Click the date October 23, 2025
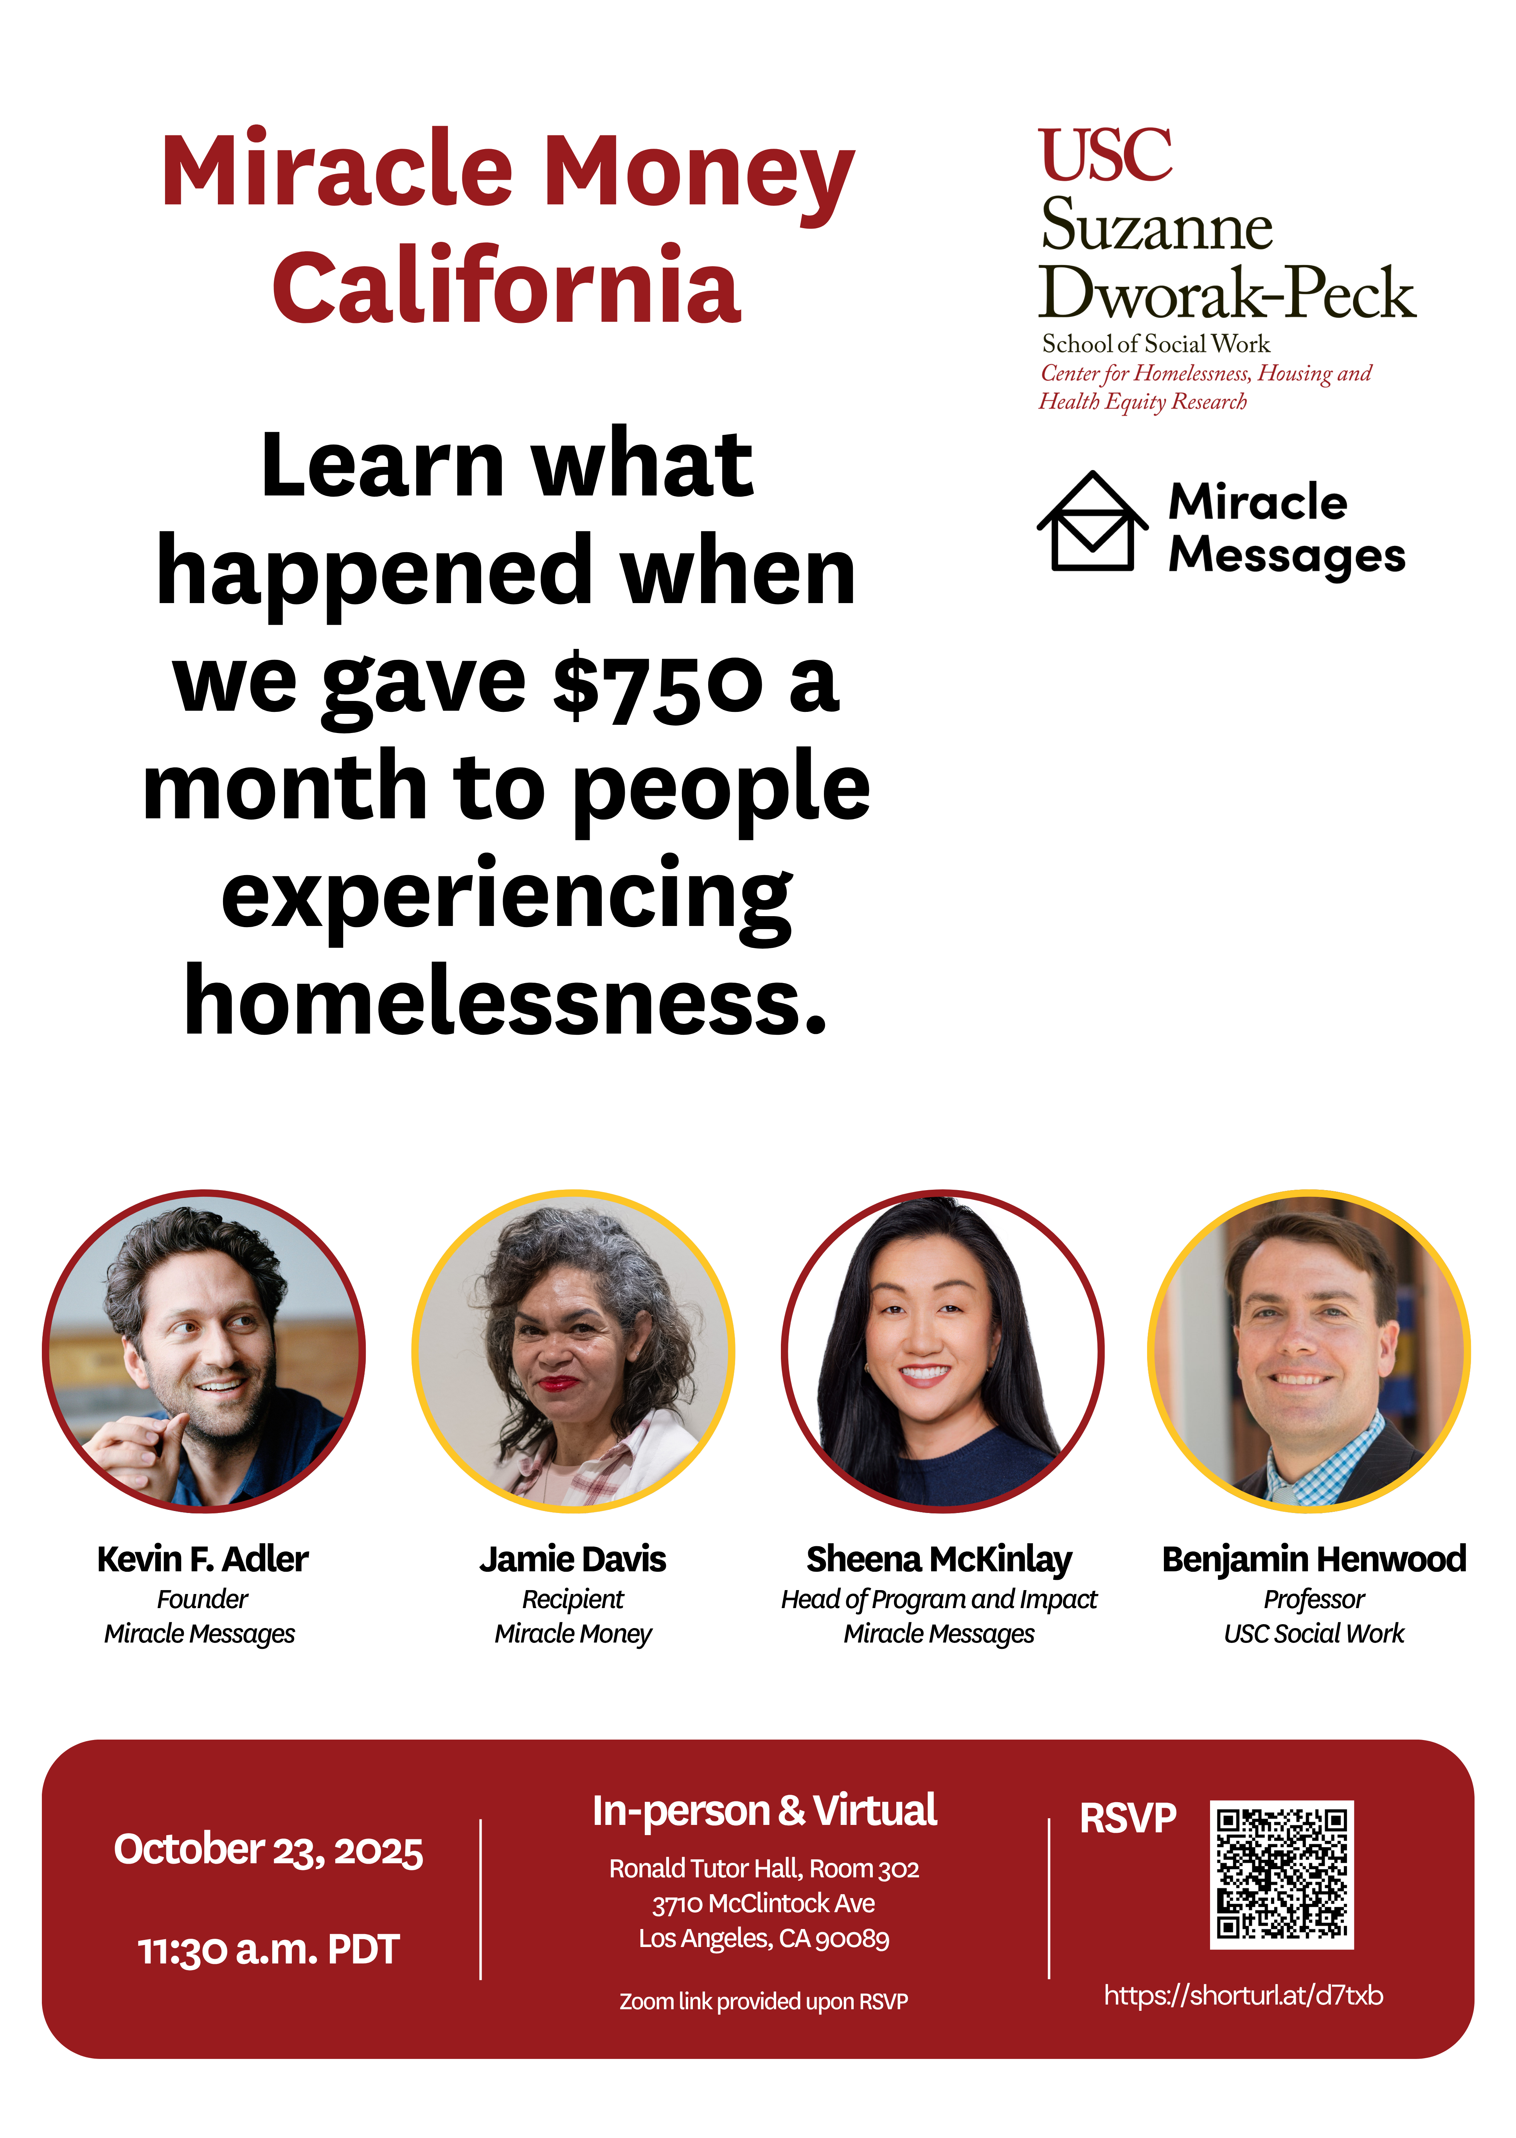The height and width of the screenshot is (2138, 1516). (x=268, y=1850)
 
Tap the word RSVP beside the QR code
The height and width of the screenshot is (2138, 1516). (x=1128, y=1818)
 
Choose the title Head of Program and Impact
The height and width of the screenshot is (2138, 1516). (x=939, y=1599)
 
